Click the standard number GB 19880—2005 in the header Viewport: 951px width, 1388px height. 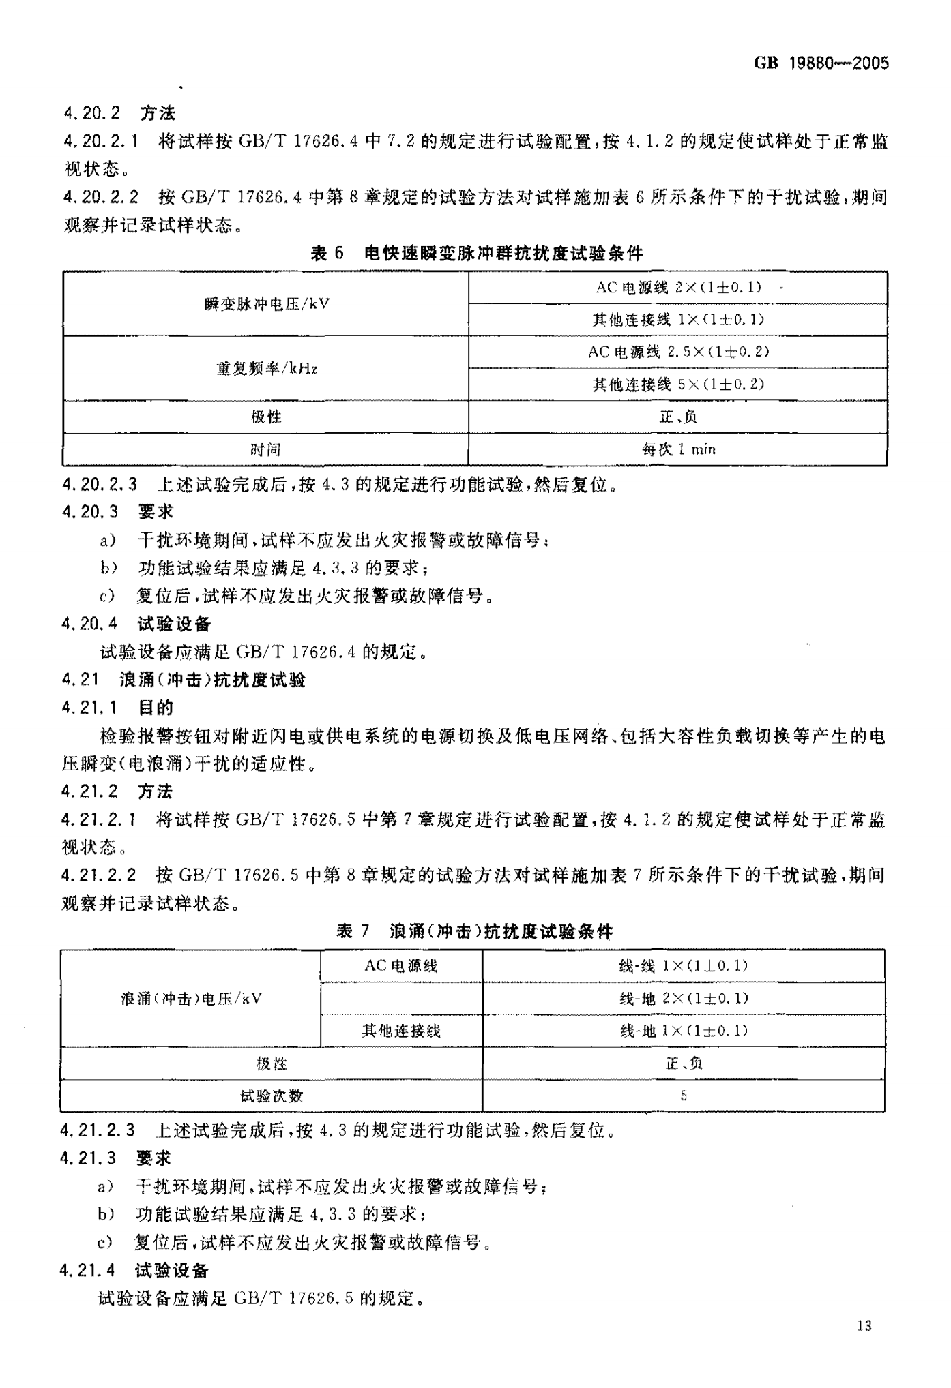click(x=821, y=63)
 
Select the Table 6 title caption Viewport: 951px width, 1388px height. click(x=476, y=254)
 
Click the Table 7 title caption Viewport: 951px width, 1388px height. click(x=475, y=931)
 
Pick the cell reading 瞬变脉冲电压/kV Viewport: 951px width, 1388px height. click(x=266, y=304)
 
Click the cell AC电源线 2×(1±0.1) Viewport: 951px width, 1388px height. click(x=678, y=288)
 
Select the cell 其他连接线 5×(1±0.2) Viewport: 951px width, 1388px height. click(x=678, y=384)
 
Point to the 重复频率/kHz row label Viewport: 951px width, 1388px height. click(x=266, y=369)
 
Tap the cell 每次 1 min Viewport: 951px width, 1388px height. click(x=678, y=449)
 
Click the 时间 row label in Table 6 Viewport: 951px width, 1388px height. click(x=266, y=449)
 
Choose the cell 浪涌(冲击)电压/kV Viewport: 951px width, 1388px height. click(x=191, y=999)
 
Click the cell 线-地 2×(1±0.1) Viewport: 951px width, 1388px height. click(x=684, y=999)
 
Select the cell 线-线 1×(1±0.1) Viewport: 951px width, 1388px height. click(x=684, y=966)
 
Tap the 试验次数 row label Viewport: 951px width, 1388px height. click(x=272, y=1096)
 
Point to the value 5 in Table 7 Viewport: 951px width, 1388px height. click(x=684, y=1096)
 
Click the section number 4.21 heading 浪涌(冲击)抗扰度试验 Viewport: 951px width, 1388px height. click(x=184, y=680)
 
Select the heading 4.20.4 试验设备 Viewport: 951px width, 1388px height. click(x=136, y=624)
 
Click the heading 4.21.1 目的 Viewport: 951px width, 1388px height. click(x=117, y=708)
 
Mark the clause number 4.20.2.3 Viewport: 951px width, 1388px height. click(x=100, y=485)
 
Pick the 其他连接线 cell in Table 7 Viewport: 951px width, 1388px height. click(x=401, y=1031)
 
